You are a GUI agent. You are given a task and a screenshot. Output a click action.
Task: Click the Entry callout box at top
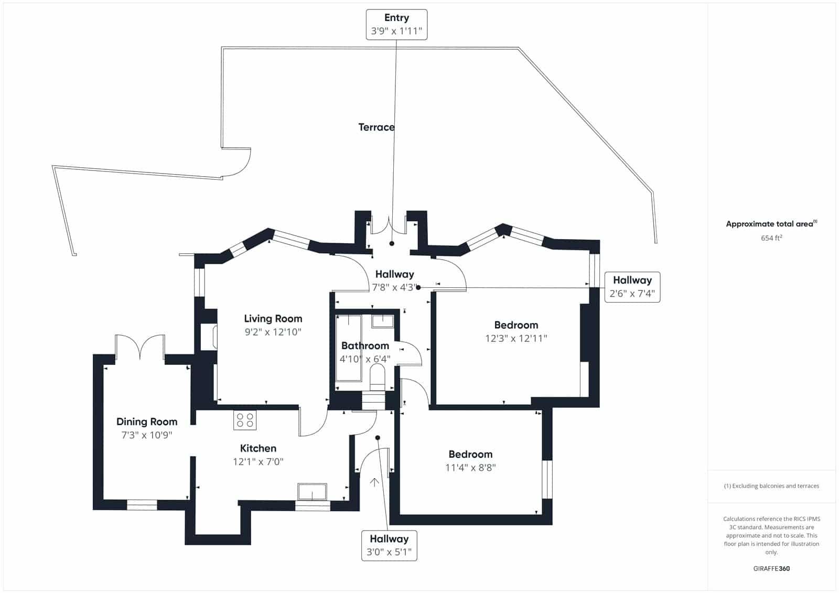(396, 25)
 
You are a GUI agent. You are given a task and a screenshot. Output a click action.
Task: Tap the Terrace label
(376, 127)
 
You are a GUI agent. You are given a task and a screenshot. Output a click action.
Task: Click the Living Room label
(273, 318)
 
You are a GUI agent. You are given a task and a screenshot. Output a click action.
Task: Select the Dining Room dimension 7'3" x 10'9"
(147, 435)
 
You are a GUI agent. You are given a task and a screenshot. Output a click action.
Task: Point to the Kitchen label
(258, 448)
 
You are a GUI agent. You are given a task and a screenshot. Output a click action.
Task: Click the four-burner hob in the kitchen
(245, 420)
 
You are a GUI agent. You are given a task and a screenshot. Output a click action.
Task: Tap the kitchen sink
(312, 492)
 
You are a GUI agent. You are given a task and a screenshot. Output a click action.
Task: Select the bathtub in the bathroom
(348, 348)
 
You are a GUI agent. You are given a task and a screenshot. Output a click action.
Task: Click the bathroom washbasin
(383, 320)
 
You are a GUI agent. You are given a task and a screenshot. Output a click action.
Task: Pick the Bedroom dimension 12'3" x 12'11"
(516, 339)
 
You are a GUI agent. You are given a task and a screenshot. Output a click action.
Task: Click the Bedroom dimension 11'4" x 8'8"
(470, 468)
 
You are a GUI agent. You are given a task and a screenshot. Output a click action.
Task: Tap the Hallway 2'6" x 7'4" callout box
(632, 287)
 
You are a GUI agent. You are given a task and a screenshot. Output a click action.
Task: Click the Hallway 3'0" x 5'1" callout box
(389, 545)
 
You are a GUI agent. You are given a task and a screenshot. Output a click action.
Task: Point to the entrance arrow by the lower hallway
(374, 482)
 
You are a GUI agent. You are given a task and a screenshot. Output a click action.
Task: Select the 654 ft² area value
(771, 238)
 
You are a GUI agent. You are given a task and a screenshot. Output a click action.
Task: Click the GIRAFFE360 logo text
(771, 568)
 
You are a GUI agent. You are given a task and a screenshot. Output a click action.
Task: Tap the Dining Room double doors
(140, 347)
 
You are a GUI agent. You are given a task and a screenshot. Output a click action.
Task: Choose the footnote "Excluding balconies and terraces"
(771, 486)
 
